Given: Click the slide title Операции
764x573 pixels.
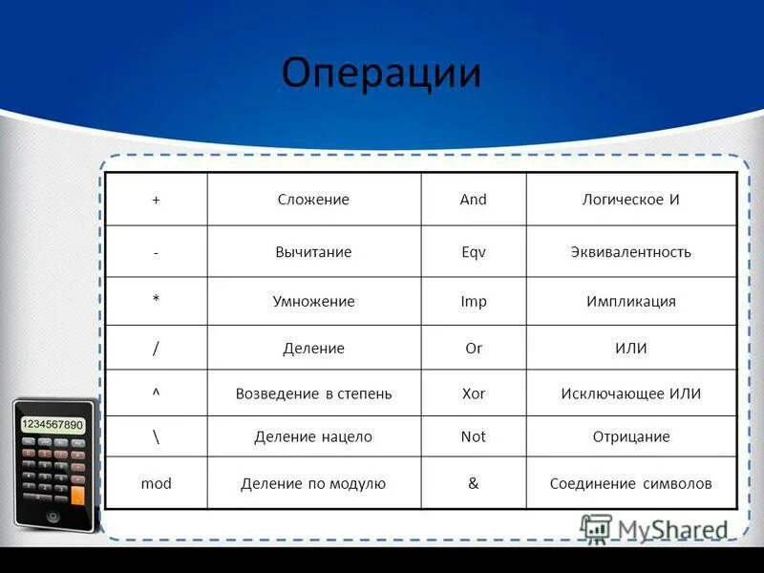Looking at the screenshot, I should point(381,74).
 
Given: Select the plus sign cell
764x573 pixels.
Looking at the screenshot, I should point(156,200).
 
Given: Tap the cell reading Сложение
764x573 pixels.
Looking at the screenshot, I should point(313,200).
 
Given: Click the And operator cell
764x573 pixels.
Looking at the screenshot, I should point(473,200).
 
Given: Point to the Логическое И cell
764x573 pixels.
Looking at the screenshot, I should point(630,200).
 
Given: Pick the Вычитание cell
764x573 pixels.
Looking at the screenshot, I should point(313,252).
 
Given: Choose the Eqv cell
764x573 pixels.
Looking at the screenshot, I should point(473,252).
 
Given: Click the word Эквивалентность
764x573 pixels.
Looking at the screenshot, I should point(630,252).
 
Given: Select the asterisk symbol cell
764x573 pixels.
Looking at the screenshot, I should point(156,301).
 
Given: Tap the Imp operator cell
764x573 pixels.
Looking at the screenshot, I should point(473,301).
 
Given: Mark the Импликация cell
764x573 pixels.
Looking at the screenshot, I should point(630,301).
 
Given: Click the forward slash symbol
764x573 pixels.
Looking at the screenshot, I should point(156,348).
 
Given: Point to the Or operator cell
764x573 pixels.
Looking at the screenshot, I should point(473,348).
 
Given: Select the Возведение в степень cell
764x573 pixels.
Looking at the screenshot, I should point(313,393).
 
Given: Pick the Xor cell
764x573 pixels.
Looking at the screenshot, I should point(473,393).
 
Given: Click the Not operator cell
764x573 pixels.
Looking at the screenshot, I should point(473,436).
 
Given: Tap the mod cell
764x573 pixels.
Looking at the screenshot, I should point(156,483).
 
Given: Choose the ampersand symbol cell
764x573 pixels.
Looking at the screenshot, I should point(473,483).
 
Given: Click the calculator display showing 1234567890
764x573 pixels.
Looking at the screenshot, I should point(53,424).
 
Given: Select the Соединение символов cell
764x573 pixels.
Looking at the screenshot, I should point(630,483).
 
